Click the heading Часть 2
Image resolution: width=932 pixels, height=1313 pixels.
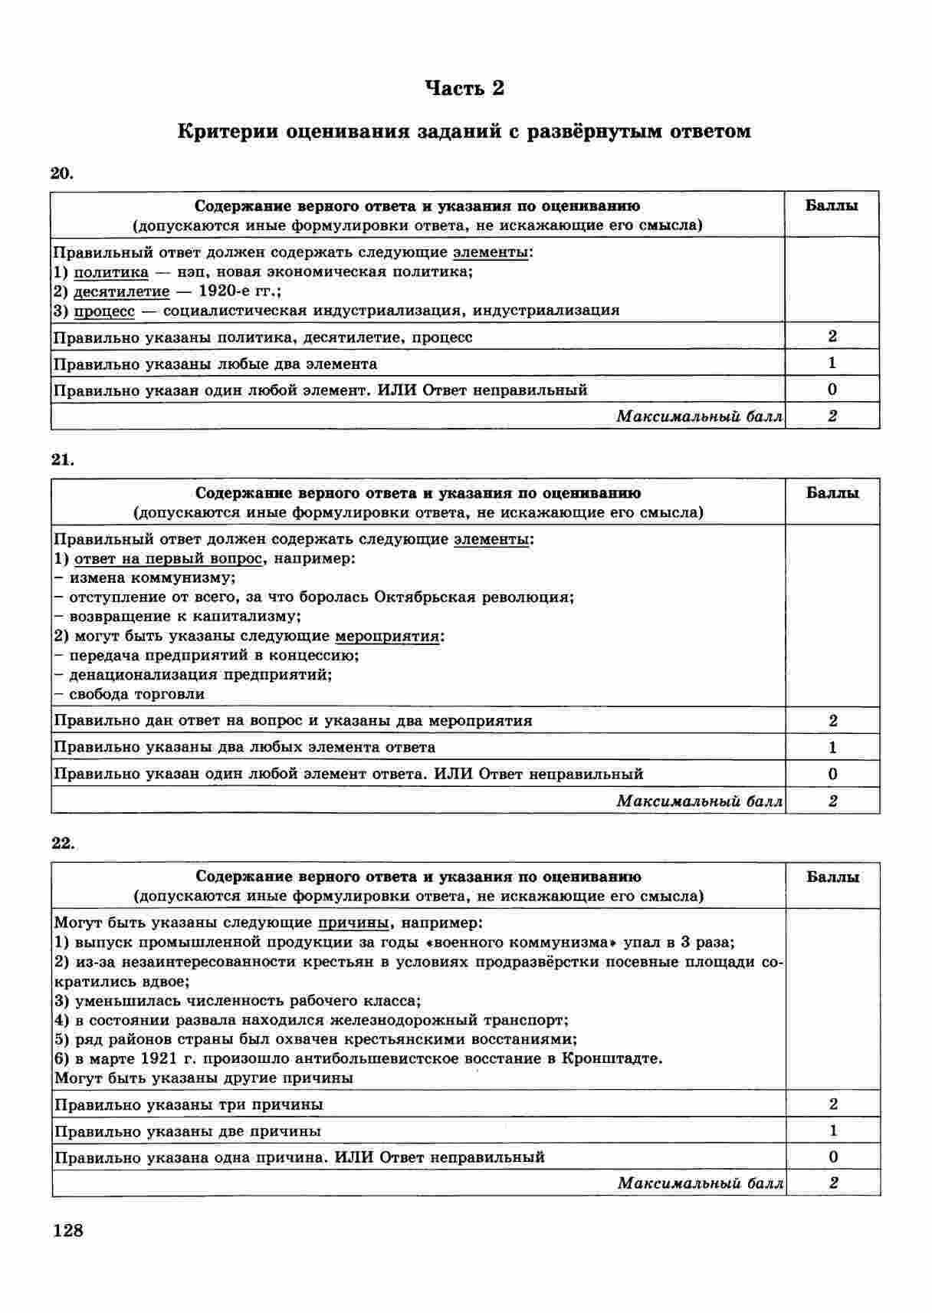pos(464,89)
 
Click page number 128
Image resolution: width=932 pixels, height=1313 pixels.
pos(67,1231)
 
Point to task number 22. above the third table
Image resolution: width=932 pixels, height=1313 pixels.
pos(63,843)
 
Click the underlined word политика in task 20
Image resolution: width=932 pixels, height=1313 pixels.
pos(111,272)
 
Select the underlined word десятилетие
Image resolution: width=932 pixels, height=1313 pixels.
pos(121,291)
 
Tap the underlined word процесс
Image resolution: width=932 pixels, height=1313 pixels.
pos(104,311)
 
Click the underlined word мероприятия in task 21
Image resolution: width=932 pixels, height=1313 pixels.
pos(387,636)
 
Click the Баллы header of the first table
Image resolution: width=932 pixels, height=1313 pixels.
pos(832,206)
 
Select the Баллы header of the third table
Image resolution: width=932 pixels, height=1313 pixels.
pos(832,877)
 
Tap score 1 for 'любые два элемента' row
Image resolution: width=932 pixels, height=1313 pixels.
pos(832,363)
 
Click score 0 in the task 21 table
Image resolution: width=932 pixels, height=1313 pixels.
pos(833,774)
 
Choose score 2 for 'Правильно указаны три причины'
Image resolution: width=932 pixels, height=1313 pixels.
pos(833,1104)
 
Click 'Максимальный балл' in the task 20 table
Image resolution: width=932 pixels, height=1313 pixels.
pos(699,416)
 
